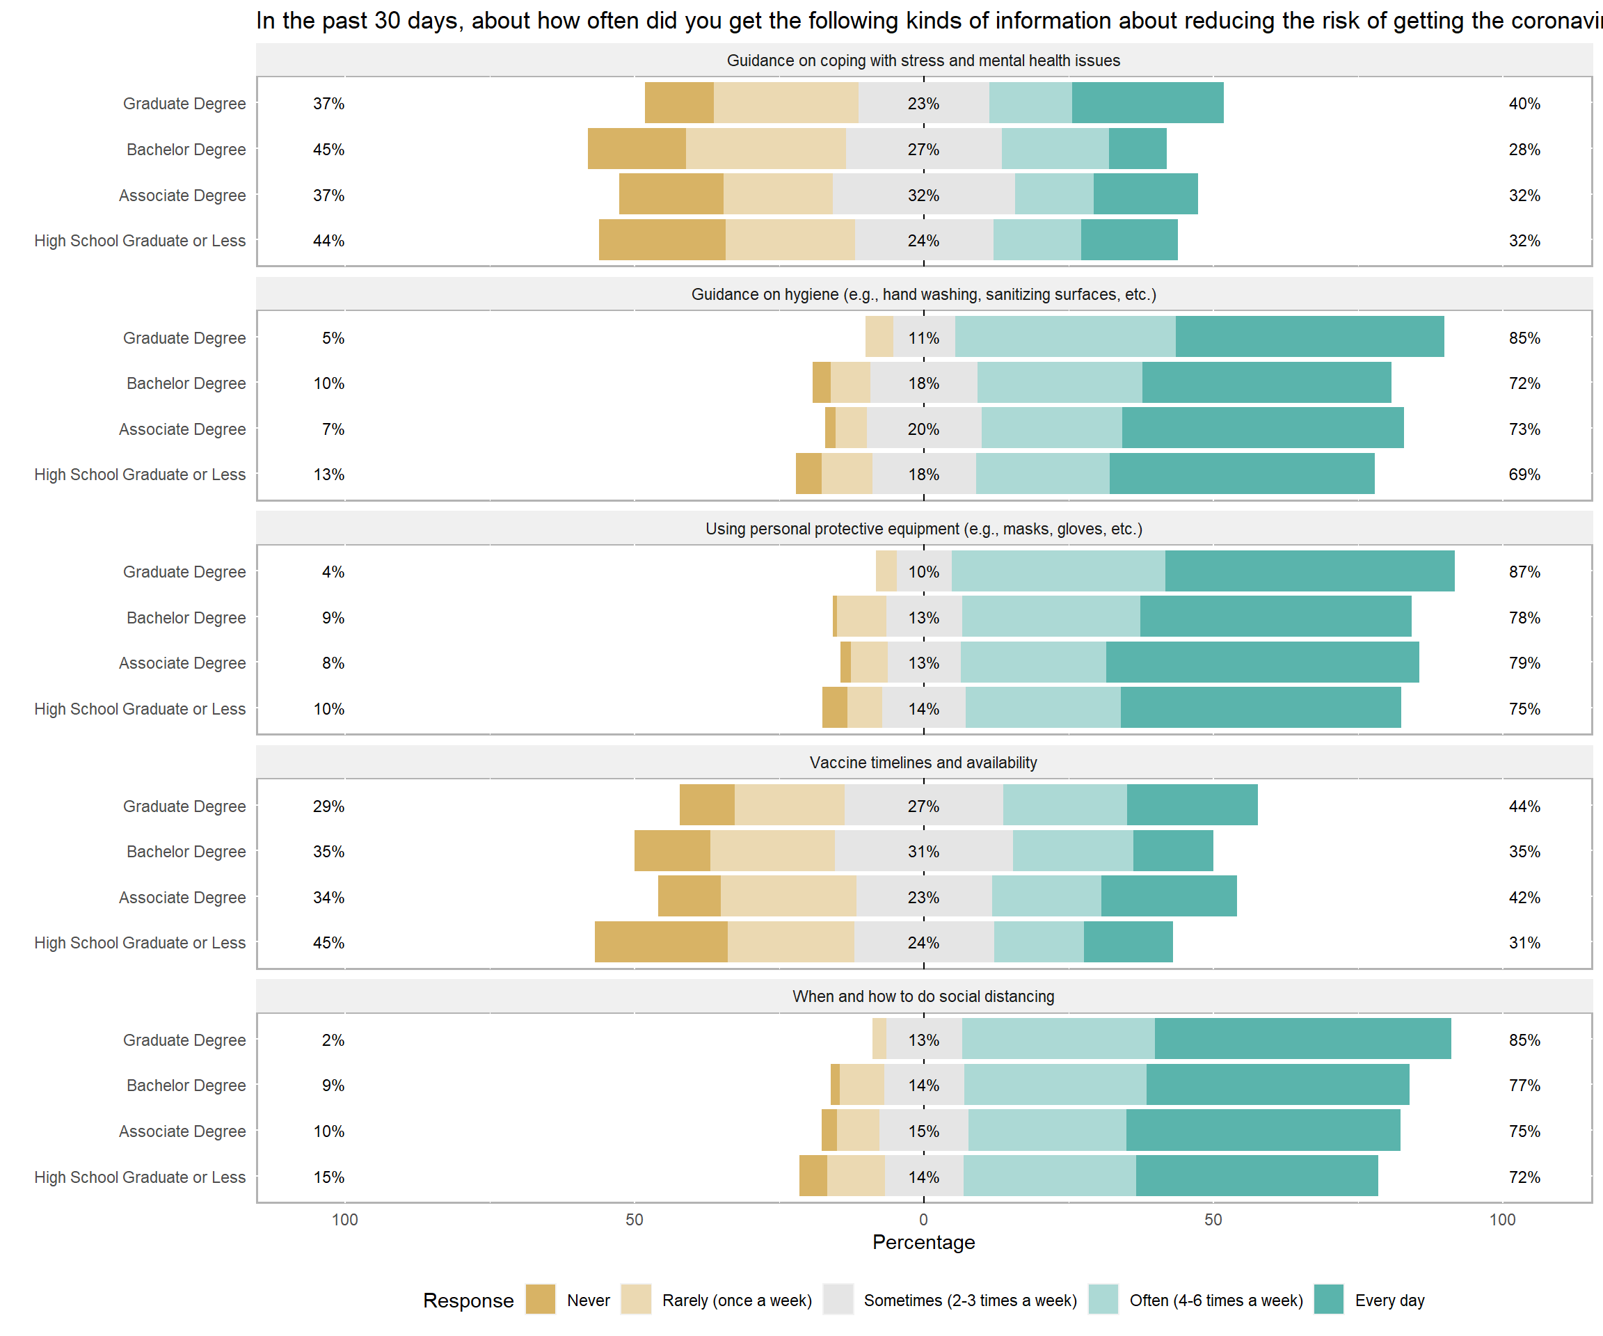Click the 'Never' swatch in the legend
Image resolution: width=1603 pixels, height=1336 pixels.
click(x=541, y=1300)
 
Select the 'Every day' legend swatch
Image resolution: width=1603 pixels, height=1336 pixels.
click(x=1329, y=1300)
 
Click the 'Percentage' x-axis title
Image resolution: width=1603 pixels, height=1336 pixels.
click(x=924, y=1243)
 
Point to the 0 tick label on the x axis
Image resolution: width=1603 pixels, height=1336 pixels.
click(x=924, y=1220)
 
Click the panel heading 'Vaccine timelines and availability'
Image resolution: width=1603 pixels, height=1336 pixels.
click(x=924, y=763)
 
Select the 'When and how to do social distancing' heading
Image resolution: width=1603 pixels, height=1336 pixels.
click(x=924, y=996)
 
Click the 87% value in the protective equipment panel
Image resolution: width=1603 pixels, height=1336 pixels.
click(x=1524, y=572)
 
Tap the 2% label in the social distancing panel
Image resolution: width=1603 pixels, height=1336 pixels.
click(x=333, y=1040)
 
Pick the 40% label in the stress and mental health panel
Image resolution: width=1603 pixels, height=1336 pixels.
click(x=1524, y=104)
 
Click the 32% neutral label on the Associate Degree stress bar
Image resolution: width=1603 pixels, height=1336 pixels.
click(x=924, y=196)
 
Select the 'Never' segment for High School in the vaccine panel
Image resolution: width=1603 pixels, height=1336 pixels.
click(x=661, y=943)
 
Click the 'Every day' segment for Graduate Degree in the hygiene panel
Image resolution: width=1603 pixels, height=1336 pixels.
click(x=1310, y=337)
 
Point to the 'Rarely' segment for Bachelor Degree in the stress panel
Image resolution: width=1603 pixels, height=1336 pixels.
click(x=765, y=150)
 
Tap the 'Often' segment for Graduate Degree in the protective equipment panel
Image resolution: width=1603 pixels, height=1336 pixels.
click(x=1058, y=572)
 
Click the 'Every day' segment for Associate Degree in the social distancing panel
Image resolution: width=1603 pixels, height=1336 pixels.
click(x=1263, y=1131)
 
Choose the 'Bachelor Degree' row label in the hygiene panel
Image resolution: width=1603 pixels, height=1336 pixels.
click(x=186, y=383)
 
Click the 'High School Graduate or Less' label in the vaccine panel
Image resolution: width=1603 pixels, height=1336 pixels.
click(x=140, y=943)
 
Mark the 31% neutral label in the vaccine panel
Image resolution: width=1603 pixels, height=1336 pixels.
click(x=924, y=852)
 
